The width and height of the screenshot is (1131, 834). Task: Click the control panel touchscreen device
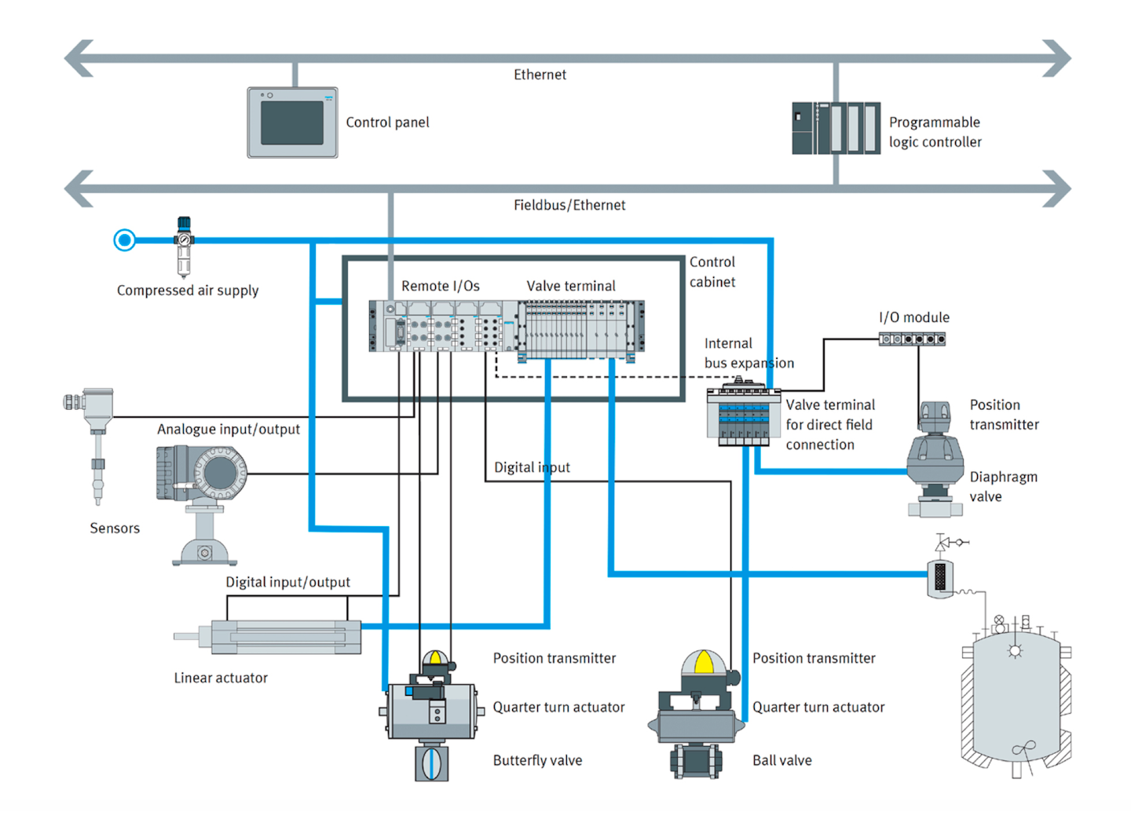292,123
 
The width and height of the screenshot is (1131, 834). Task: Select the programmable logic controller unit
836,128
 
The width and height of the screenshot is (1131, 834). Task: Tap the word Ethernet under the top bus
540,75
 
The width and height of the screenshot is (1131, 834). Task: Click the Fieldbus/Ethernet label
569,205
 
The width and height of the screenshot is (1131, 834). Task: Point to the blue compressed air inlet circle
124,240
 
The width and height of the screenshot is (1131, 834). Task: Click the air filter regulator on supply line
184,246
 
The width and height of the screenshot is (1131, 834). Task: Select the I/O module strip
912,339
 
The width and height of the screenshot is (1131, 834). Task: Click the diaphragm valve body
935,463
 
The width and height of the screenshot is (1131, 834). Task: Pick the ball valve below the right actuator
696,760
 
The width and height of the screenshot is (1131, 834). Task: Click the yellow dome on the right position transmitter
704,663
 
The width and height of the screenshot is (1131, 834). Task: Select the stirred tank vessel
1016,699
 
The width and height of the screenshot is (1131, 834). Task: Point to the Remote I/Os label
440,286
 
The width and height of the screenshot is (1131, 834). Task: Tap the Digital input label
532,467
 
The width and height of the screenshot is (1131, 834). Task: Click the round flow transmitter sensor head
220,473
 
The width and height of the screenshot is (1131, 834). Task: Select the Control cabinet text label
712,272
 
